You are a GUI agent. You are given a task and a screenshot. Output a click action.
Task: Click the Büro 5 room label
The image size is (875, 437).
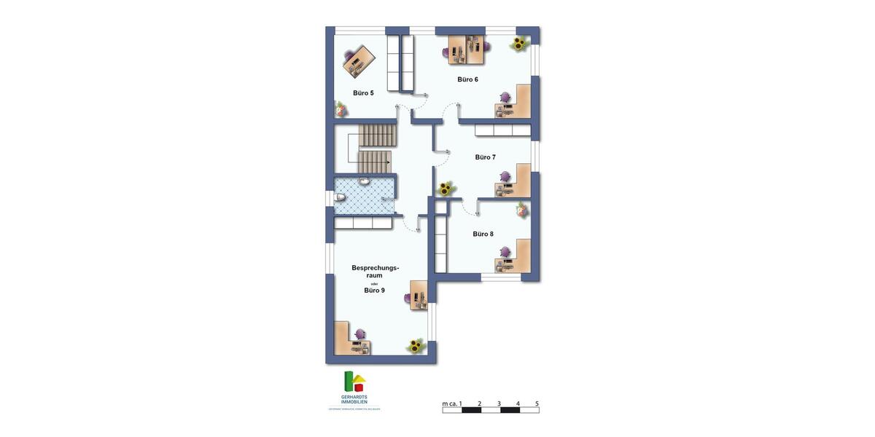[x=363, y=92]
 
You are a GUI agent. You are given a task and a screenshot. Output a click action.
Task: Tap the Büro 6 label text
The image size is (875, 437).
[x=468, y=79]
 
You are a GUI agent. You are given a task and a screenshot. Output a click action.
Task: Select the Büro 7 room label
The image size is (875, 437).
[x=485, y=157]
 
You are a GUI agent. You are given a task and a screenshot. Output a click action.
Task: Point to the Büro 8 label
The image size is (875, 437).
[x=483, y=234]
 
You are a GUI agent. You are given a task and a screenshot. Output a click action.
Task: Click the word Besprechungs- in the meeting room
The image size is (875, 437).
[x=376, y=268]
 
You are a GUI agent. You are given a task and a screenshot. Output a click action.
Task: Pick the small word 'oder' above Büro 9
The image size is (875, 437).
[x=374, y=283]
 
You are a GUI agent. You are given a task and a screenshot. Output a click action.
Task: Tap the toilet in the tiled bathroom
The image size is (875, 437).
[x=340, y=197]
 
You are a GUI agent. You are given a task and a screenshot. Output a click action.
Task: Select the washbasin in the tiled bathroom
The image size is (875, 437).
[x=364, y=181]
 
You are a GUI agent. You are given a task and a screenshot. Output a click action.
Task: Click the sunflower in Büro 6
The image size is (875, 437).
[x=519, y=44]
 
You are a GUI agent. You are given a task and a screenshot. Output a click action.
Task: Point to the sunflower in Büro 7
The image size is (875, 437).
[x=444, y=189]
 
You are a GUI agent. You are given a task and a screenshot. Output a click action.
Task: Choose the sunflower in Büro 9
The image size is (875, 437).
[x=416, y=346]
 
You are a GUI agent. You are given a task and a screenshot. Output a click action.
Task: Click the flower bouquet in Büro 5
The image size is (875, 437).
[x=340, y=109]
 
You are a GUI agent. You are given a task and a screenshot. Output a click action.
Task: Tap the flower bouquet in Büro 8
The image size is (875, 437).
[x=522, y=210]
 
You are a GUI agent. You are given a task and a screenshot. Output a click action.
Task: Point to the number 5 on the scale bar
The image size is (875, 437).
[x=537, y=403]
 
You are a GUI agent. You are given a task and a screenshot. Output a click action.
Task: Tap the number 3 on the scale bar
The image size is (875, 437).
[x=499, y=403]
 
